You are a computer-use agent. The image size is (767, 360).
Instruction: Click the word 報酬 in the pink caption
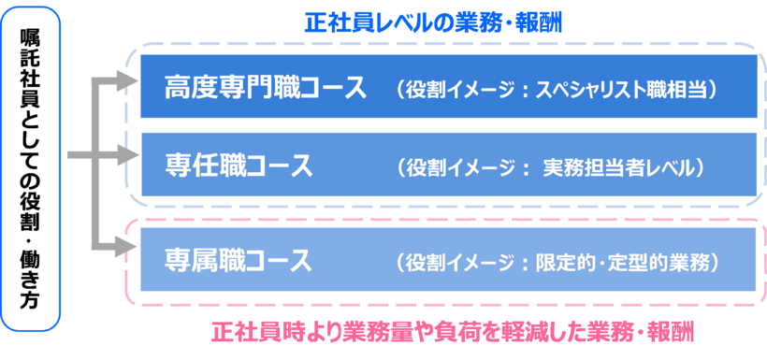[677, 333]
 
